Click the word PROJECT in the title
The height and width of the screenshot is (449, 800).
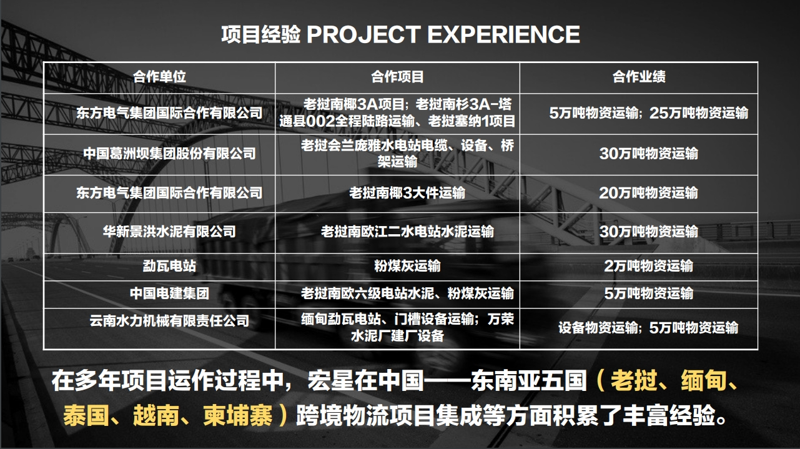pos(363,34)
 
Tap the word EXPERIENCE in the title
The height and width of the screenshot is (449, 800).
pos(503,34)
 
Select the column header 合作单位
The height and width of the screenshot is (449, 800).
pos(159,77)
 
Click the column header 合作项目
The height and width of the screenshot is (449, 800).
pos(397,77)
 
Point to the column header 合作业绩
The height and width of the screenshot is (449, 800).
pos(639,77)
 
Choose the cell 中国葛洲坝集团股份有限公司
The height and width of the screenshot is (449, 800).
pos(169,154)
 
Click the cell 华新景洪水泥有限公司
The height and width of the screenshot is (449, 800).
pos(169,232)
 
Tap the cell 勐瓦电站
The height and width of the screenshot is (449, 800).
pos(169,266)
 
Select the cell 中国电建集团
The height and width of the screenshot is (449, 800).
pos(169,294)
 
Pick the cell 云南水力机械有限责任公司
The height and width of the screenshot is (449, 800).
pos(169,321)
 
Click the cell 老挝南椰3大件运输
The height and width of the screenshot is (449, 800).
pos(407,193)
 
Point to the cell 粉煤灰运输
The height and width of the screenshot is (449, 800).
pos(407,266)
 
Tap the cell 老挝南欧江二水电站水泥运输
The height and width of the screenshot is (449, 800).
pos(407,232)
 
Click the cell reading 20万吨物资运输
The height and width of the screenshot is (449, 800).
pos(649,193)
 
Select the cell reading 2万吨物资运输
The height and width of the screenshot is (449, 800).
pos(649,266)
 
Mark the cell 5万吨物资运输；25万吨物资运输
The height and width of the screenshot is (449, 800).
pos(649,113)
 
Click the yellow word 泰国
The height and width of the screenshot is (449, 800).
pos(86,415)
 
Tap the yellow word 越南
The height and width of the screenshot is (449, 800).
pos(156,415)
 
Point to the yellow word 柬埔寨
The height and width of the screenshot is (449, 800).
pos(237,415)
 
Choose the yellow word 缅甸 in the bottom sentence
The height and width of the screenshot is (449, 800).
pos(704,380)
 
